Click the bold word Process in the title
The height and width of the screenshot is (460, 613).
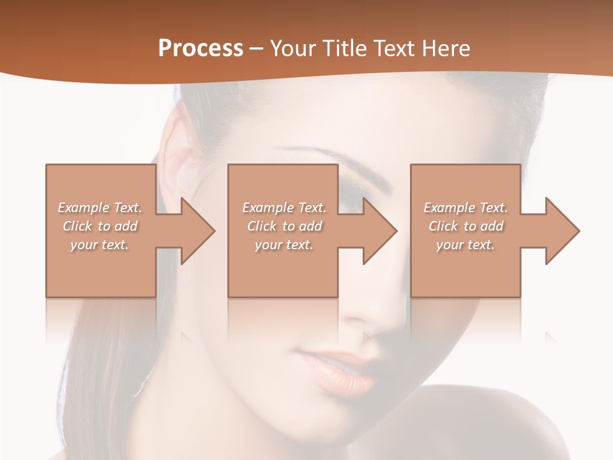[x=201, y=49]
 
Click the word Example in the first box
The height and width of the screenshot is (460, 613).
[x=84, y=208]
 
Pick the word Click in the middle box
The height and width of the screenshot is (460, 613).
[x=262, y=226]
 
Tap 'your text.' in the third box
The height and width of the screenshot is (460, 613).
[x=465, y=245]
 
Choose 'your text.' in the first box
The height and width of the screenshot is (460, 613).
[x=100, y=245]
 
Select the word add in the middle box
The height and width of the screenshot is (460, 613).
[x=310, y=226]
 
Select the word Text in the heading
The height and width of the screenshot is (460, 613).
[x=396, y=49]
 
